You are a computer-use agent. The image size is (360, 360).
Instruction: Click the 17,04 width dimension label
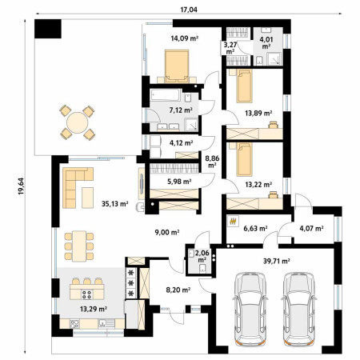[x=189, y=10]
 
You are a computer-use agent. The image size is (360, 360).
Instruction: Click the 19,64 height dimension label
[x=21, y=186]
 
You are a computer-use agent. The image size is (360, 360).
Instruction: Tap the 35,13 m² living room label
[x=115, y=204]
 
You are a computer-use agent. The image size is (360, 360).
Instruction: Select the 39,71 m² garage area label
[x=277, y=261]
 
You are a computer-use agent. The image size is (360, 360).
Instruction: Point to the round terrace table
[x=78, y=122]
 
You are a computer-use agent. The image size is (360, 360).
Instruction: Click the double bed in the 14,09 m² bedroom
[x=177, y=66]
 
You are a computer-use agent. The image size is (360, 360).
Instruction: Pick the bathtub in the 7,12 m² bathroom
[x=166, y=95]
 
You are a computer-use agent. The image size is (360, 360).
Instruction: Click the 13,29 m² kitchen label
[x=94, y=309]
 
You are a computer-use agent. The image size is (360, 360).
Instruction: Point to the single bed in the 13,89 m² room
[x=244, y=86]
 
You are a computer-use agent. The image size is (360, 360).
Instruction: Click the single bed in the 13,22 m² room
[x=244, y=159]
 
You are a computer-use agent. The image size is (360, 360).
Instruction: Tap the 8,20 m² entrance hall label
[x=178, y=290]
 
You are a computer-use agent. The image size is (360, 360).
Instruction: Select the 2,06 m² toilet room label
[x=202, y=256]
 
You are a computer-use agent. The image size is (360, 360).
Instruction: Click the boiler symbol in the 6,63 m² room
[x=233, y=221]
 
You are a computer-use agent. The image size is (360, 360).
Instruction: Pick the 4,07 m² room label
[x=311, y=228]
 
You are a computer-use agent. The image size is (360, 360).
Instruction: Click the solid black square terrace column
[x=48, y=29]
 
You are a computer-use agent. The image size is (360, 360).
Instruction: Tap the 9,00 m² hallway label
[x=167, y=232]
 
